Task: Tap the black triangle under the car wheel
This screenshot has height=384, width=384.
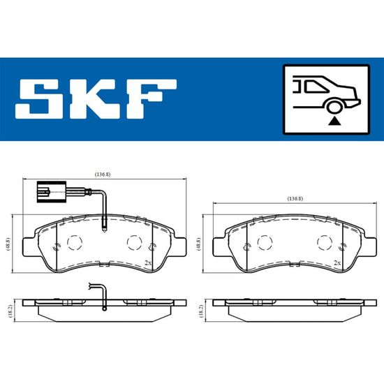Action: click(334, 121)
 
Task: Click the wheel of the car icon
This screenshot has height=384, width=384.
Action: click(334, 108)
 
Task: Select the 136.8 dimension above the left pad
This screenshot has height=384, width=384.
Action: click(103, 175)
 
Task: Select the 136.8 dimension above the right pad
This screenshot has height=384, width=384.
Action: click(295, 198)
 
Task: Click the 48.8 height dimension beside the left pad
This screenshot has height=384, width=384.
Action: click(8, 244)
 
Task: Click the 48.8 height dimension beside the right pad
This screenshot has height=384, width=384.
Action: click(198, 244)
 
